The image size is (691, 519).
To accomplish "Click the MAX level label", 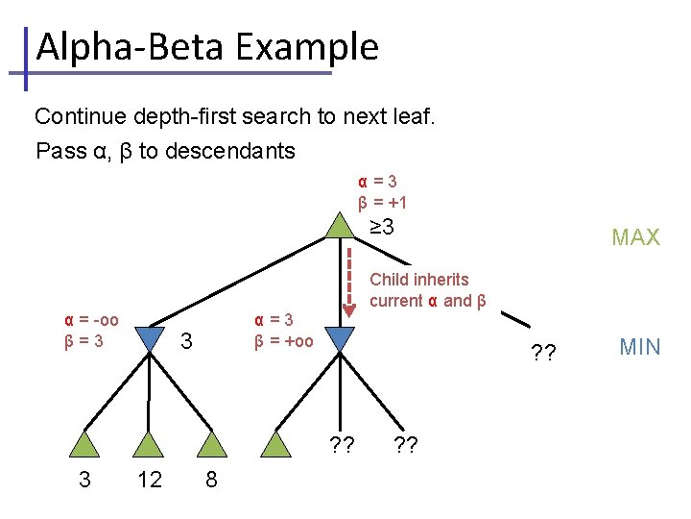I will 635,237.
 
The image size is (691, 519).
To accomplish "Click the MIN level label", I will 639,347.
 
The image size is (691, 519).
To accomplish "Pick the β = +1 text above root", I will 383,203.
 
